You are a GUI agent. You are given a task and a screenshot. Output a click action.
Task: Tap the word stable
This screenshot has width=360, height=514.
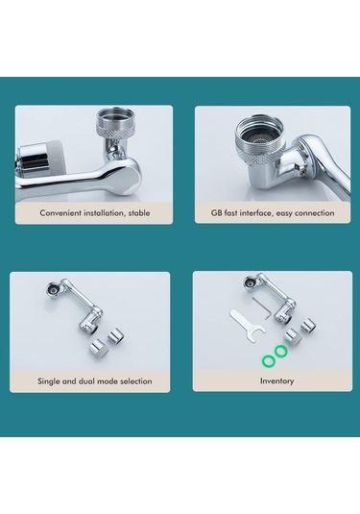click(139, 213)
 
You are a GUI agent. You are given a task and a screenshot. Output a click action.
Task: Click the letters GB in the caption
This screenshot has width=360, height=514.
click(217, 213)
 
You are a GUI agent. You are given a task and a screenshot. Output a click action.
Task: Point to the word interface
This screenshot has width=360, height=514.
click(255, 213)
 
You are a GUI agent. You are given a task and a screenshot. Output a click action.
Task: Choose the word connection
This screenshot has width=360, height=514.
click(315, 213)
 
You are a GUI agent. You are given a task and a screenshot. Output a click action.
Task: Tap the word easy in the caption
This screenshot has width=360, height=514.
click(283, 213)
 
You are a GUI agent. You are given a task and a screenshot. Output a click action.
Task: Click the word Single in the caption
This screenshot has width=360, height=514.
click(49, 381)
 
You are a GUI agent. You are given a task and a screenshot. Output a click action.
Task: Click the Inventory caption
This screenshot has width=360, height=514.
click(276, 381)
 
